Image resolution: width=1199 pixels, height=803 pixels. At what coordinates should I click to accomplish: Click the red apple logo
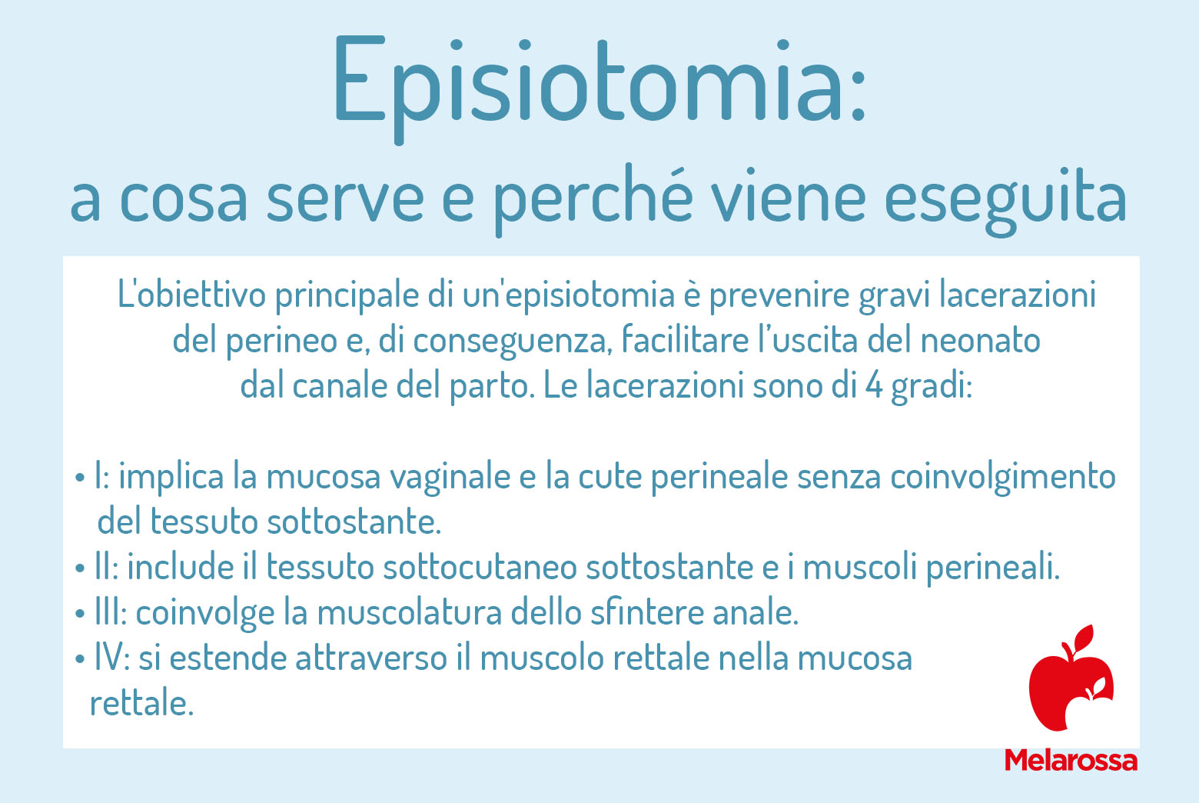pyautogui.click(x=1071, y=678)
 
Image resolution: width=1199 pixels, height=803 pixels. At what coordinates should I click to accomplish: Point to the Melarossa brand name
pyautogui.click(x=1071, y=761)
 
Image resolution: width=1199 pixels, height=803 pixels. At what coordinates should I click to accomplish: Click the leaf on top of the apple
pyautogui.click(x=1084, y=638)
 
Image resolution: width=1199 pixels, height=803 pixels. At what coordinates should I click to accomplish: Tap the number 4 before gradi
pyautogui.click(x=874, y=385)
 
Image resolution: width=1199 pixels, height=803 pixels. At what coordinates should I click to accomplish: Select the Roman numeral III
pyautogui.click(x=110, y=612)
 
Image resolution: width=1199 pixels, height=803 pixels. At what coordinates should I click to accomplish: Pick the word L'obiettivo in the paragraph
pyautogui.click(x=191, y=295)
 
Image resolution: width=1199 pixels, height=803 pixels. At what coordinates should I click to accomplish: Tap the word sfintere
pyautogui.click(x=646, y=611)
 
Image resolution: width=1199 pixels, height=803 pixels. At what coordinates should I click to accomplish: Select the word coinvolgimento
pyautogui.click(x=1003, y=478)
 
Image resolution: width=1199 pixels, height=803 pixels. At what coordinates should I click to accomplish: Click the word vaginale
pyautogui.click(x=450, y=478)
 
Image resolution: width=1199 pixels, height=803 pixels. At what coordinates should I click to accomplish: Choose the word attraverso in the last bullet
pyautogui.click(x=371, y=658)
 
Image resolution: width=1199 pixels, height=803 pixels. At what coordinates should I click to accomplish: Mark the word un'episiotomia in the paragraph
pyautogui.click(x=569, y=295)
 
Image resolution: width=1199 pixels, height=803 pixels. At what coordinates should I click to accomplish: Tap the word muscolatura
pyautogui.click(x=410, y=612)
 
